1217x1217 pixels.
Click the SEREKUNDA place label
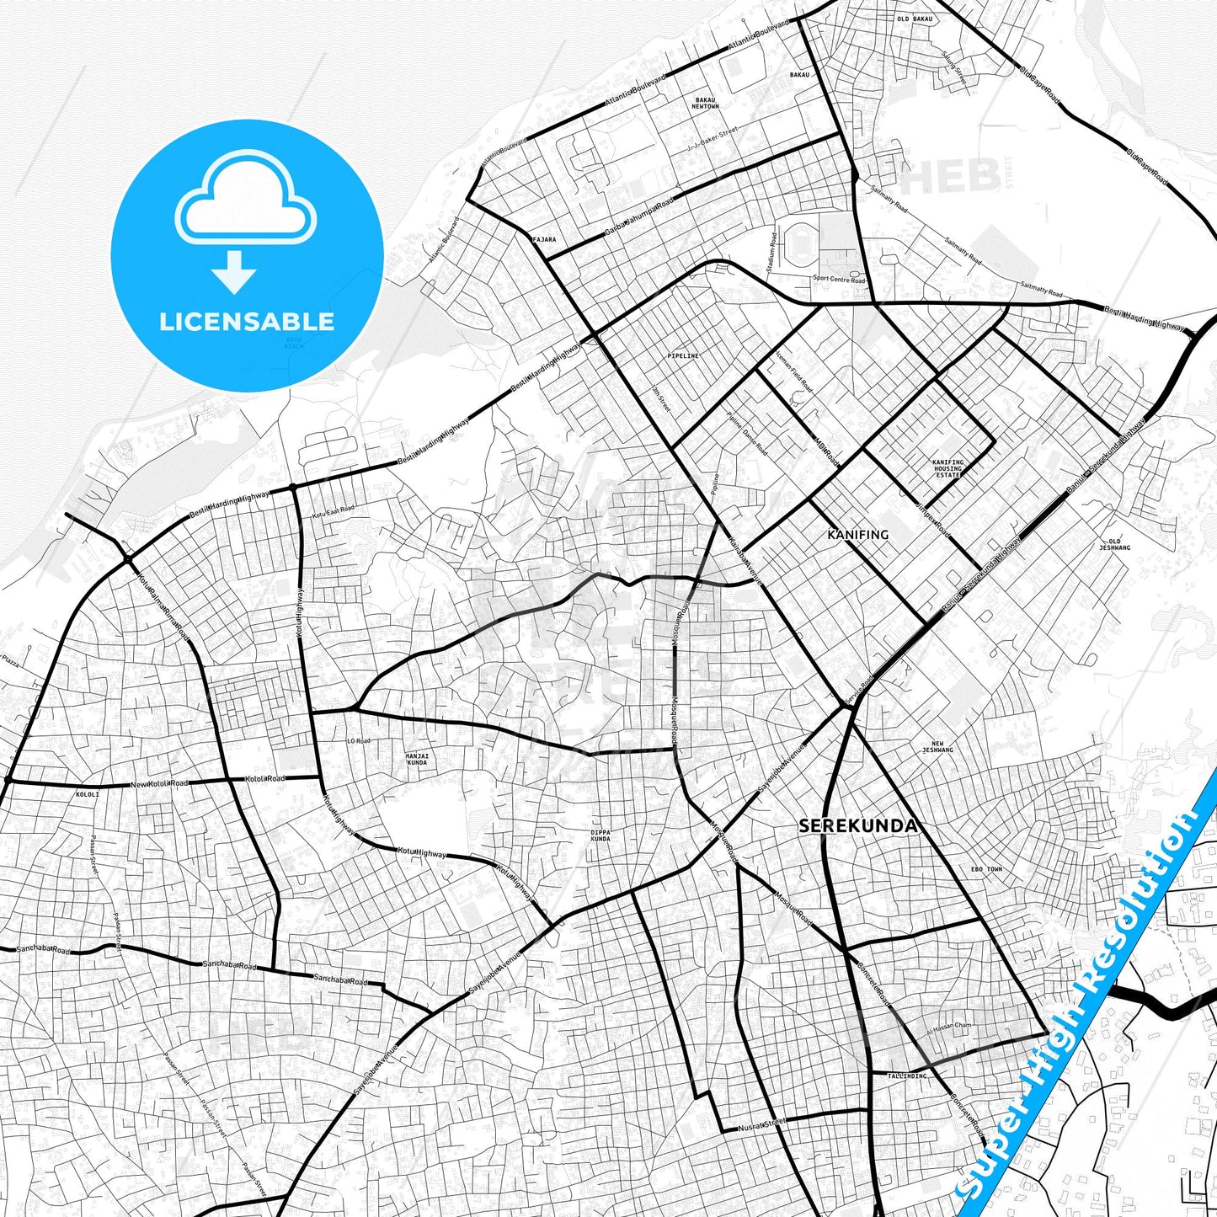click(857, 826)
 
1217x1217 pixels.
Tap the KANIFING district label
click(857, 535)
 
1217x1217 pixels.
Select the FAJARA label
click(545, 239)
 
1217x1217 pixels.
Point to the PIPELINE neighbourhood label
click(682, 356)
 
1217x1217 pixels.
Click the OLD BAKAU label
click(914, 19)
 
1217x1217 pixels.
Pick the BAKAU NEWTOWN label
click(705, 104)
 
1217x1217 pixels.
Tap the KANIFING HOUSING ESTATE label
click(947, 468)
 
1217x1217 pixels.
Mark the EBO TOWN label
click(986, 868)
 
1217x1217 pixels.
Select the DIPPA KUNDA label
click(600, 835)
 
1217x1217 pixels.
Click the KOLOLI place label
click(88, 794)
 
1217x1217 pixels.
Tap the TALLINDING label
click(906, 1076)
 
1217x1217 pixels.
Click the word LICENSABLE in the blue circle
click(247, 321)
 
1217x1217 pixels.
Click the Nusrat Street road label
click(761, 1124)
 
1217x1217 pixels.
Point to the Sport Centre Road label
click(839, 279)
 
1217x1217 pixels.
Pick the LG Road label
click(358, 741)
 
